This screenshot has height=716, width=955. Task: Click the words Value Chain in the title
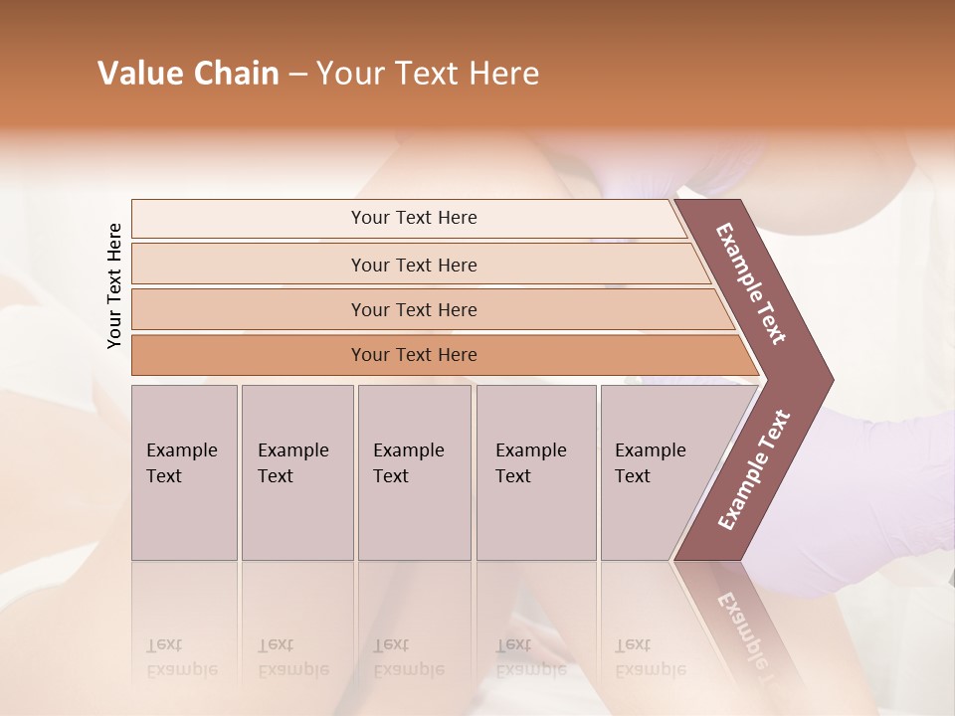(188, 74)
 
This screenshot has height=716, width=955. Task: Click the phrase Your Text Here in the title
(428, 74)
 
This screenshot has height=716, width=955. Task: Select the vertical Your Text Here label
(114, 285)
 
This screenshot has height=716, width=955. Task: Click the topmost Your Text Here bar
(413, 218)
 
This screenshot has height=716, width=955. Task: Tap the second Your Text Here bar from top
(413, 265)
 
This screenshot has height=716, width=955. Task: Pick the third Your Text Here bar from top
(413, 309)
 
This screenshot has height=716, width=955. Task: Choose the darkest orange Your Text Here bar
(413, 355)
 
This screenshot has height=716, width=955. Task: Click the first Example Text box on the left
(184, 472)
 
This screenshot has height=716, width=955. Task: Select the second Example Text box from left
(296, 472)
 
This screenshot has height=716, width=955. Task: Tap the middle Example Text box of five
(414, 472)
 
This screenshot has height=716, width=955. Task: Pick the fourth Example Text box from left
(535, 472)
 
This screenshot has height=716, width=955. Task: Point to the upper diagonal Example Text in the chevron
(751, 283)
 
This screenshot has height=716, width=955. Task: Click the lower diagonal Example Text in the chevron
(754, 469)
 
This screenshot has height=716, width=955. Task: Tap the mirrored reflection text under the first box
(182, 657)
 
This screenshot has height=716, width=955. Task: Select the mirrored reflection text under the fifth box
(651, 657)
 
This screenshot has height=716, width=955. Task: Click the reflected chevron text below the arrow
(744, 626)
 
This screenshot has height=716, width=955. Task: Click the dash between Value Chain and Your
(297, 75)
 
